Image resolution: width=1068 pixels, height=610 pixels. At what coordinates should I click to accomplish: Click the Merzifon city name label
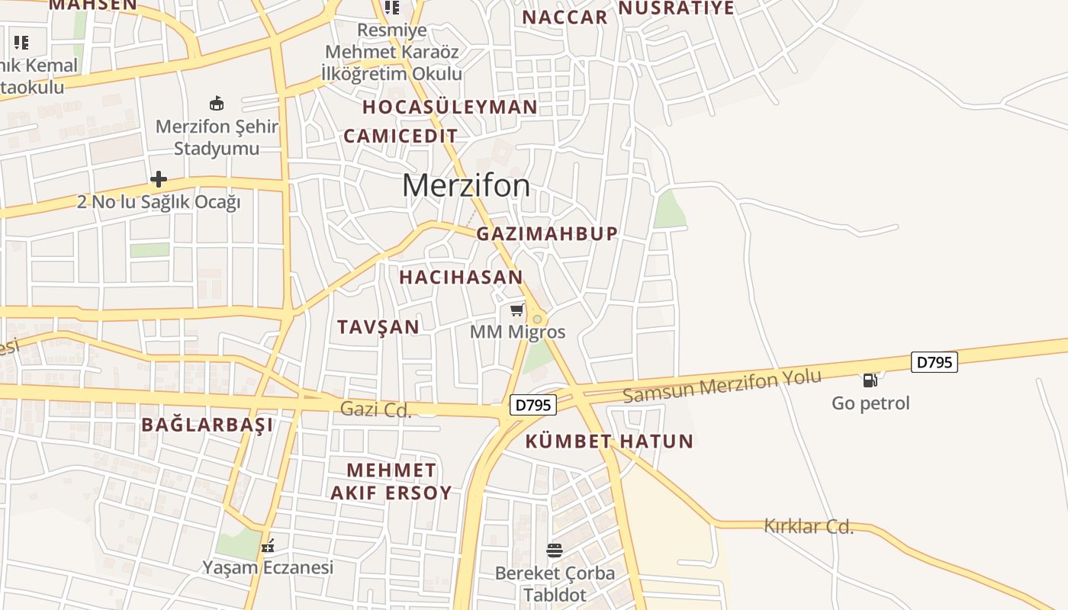[x=465, y=185]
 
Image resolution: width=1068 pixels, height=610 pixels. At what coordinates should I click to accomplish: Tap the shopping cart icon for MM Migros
[x=516, y=310]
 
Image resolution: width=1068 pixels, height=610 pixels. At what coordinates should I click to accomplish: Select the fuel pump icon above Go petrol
[x=870, y=380]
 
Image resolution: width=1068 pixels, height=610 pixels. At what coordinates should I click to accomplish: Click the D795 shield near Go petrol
[x=934, y=362]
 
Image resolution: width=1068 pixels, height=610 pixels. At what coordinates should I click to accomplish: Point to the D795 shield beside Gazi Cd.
[x=532, y=405]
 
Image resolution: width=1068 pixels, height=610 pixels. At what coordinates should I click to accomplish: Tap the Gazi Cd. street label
[x=375, y=409]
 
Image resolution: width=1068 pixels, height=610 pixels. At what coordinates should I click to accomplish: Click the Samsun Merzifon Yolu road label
[x=722, y=386]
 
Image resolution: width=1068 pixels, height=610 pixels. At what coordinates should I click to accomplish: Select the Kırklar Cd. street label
[x=808, y=526]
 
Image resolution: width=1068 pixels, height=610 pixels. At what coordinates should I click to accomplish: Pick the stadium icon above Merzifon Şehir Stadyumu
[x=217, y=103]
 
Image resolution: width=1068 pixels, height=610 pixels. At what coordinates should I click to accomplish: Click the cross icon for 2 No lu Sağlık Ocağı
[x=159, y=179]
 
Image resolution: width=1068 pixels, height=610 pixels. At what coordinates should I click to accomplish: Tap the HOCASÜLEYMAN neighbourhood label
[x=450, y=107]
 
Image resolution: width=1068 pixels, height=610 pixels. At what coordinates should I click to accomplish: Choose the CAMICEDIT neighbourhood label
[x=400, y=136]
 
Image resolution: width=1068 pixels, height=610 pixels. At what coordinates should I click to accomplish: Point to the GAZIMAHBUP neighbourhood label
[x=547, y=234]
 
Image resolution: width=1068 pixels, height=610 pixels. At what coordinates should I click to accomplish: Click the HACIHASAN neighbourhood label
[x=461, y=278]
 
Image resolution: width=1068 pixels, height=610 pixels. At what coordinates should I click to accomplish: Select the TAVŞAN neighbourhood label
[x=378, y=327]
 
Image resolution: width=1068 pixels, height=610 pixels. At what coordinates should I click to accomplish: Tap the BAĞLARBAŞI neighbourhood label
[x=207, y=425]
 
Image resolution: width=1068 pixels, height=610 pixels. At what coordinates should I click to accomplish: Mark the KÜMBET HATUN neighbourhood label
[x=609, y=441]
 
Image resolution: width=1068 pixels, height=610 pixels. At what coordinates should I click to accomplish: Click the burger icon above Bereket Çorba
[x=555, y=551]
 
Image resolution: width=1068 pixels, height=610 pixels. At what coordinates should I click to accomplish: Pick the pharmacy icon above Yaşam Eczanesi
[x=268, y=545]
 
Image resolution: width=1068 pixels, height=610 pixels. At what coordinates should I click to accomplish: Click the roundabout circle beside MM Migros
[x=537, y=319]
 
